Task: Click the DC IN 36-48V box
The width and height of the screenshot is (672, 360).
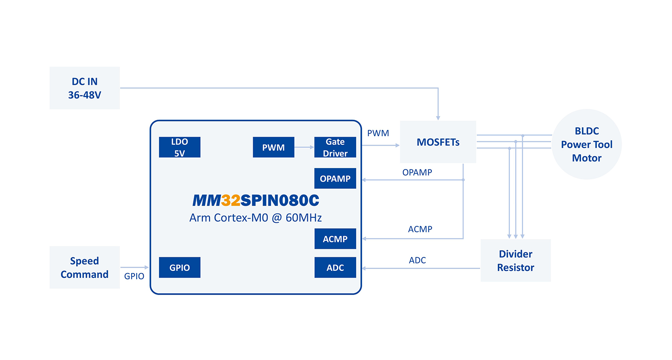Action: pos(84,88)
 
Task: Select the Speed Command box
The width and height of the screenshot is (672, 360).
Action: pos(84,267)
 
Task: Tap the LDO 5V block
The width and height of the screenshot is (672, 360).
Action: pos(179,147)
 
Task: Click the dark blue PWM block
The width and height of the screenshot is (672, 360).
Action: pos(273,147)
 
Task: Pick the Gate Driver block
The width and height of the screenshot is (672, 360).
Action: pos(335,147)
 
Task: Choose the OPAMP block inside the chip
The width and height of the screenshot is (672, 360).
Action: pos(335,178)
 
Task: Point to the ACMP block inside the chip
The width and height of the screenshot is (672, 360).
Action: pos(335,239)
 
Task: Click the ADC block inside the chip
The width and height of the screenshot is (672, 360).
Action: pos(335,268)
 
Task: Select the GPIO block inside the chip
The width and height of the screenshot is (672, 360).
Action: pos(179,268)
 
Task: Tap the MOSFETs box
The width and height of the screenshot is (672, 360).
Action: pos(438,142)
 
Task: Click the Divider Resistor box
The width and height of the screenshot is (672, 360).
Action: pos(515,260)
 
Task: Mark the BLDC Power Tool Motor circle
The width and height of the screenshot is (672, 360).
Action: pos(586,144)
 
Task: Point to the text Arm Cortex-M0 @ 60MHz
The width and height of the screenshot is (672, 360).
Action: pos(255,218)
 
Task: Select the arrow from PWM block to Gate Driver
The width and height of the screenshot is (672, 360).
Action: pos(304,147)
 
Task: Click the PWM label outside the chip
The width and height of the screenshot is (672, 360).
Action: pos(378,133)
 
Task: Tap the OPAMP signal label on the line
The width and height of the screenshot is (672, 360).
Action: pos(417,172)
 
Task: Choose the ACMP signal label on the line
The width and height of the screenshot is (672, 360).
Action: pos(420,229)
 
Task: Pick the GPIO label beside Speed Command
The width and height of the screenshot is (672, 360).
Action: pos(134,276)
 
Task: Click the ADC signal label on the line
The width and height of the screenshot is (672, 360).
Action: pos(417,260)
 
